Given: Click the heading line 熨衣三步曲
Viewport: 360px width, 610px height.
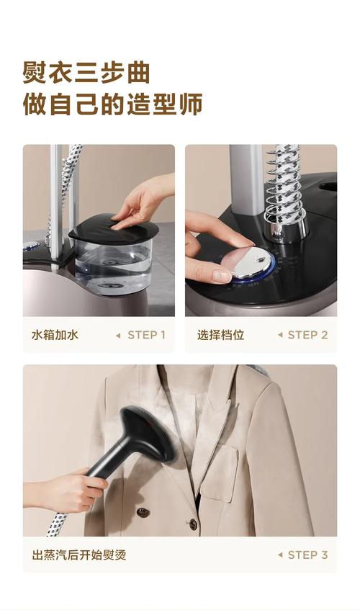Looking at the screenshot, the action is tap(86, 72).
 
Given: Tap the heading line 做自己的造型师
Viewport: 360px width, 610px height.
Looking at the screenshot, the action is tap(112, 104).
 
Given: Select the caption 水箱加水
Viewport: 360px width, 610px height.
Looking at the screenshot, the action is tap(55, 335).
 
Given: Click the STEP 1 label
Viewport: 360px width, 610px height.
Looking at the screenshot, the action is tap(147, 335).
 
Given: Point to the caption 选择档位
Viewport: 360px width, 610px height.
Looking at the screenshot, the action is tap(220, 335).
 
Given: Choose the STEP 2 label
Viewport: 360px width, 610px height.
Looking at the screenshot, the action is tap(307, 335).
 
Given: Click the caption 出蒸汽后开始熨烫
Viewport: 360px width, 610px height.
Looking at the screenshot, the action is tap(79, 555).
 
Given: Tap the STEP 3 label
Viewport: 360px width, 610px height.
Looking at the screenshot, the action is tap(307, 555).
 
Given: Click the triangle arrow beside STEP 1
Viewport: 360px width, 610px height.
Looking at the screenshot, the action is tap(118, 336).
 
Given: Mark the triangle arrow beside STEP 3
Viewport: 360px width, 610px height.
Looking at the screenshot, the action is tap(280, 555).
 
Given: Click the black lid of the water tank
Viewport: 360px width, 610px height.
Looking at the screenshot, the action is tap(114, 229).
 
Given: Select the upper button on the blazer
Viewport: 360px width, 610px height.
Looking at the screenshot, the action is tap(143, 512).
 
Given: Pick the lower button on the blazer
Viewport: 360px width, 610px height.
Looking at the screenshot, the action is tap(193, 525).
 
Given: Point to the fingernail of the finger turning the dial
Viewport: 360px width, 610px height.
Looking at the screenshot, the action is tap(221, 275).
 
